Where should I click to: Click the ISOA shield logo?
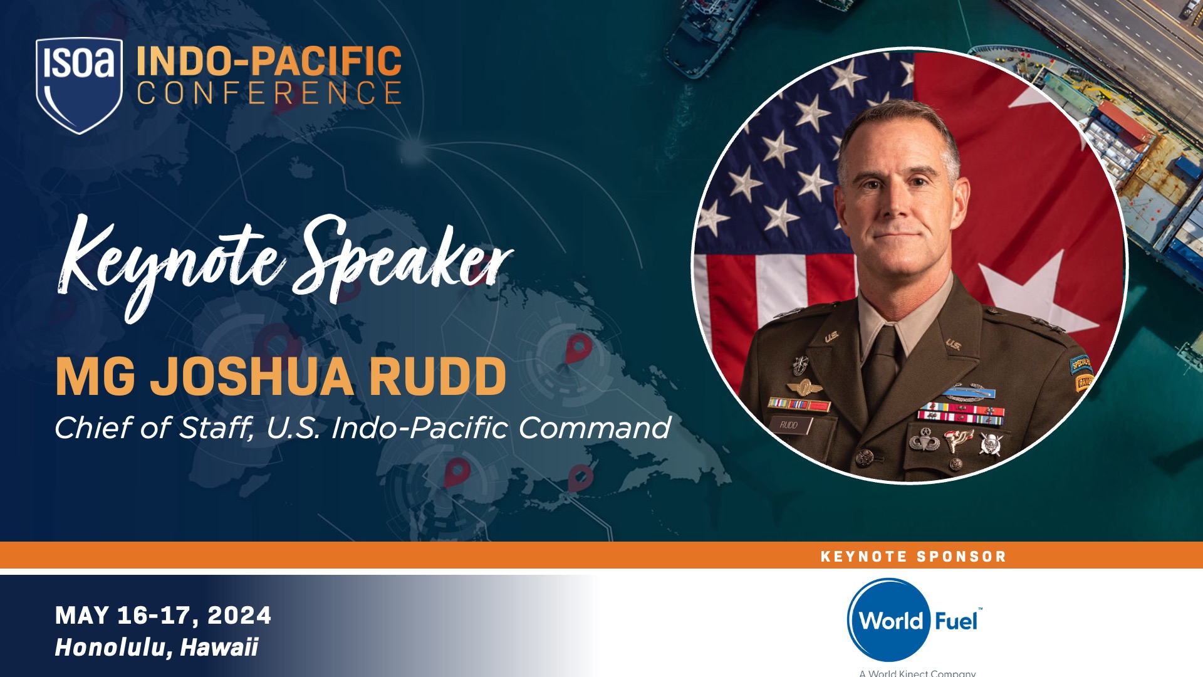(79, 84)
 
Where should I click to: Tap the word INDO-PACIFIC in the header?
(269, 61)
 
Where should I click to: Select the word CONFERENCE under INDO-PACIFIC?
(269, 93)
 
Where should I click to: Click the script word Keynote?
(169, 263)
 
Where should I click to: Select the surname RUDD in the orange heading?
(437, 377)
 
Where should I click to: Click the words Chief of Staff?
(154, 428)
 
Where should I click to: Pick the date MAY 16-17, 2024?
(163, 616)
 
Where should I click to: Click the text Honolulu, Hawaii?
(157, 648)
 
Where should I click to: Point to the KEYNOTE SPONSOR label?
(913, 557)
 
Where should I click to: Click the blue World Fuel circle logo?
(888, 620)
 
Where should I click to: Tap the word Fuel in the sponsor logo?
(956, 621)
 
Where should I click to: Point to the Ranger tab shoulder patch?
(1083, 381)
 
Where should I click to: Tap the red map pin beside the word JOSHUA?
(578, 349)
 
